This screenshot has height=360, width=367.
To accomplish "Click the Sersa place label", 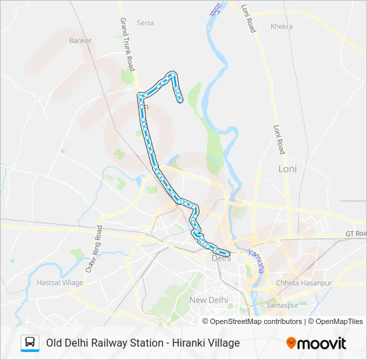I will pyautogui.click(x=145, y=23).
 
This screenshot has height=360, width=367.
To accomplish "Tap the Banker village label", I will pyautogui.click(x=80, y=40).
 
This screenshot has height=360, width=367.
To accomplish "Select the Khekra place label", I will pyautogui.click(x=282, y=27).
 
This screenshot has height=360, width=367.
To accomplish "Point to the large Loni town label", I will pyautogui.click(x=287, y=169).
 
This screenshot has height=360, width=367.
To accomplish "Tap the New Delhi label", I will pyautogui.click(x=209, y=300).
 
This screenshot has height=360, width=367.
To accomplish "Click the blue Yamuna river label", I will pyautogui.click(x=256, y=261).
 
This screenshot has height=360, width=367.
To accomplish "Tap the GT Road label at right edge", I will pyautogui.click(x=356, y=233).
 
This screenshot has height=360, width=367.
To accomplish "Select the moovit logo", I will pyautogui.click(x=316, y=343).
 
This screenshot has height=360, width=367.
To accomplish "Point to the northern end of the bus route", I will pyautogui.click(x=180, y=101).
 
